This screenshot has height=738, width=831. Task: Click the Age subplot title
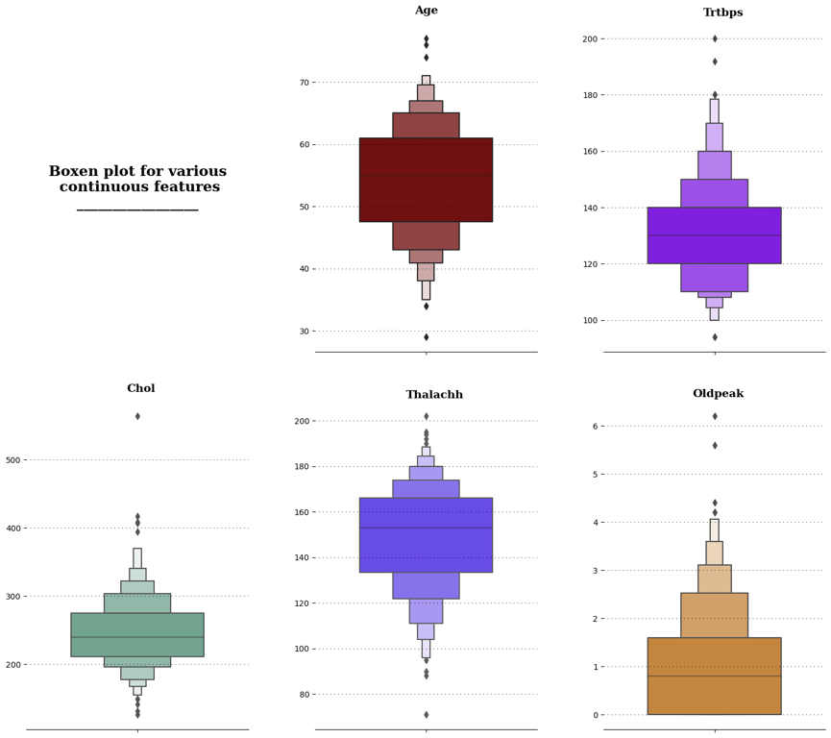(x=427, y=11)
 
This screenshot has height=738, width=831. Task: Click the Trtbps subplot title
(x=715, y=12)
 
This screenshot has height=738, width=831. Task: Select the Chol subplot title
(x=140, y=388)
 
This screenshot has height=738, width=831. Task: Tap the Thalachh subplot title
(x=434, y=395)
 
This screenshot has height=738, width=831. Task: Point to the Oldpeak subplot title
(x=718, y=394)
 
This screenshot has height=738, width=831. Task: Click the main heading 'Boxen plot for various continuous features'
(x=137, y=180)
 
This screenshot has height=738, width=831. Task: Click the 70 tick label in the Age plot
(x=303, y=83)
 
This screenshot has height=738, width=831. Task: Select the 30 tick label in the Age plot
(x=303, y=332)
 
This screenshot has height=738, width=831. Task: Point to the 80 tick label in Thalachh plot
(x=303, y=695)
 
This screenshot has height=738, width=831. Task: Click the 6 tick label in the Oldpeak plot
(x=596, y=427)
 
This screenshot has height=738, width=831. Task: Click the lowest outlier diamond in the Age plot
(x=427, y=337)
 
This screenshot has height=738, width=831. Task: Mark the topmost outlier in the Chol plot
(x=137, y=416)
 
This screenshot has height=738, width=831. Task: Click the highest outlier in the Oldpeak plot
(x=715, y=416)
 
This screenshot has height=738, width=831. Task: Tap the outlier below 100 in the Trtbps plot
(x=715, y=337)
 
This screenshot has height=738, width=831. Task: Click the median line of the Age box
(x=427, y=175)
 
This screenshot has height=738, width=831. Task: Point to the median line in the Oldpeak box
(x=715, y=676)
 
